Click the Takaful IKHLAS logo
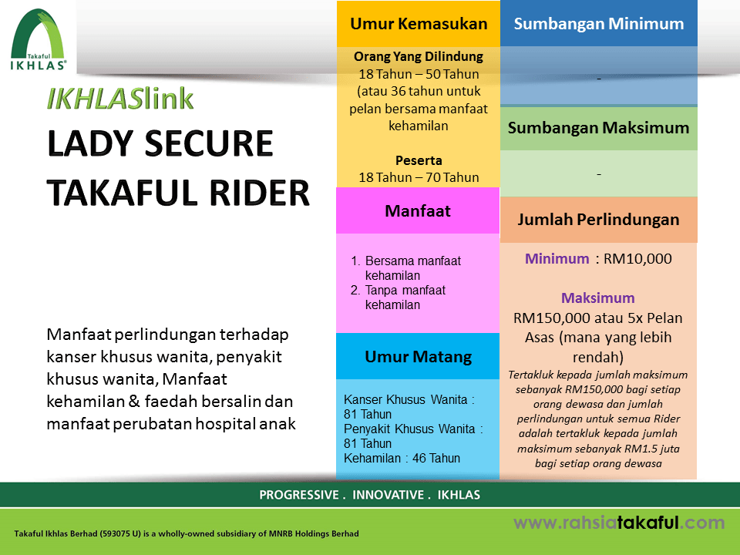coord(39,40)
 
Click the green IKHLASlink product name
coord(120,99)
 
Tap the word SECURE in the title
coord(209,143)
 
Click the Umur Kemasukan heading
coord(419,24)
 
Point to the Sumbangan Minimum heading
coord(599,24)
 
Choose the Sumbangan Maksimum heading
coord(598,128)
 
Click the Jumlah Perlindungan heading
coord(598,220)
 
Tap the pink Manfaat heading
coord(418,211)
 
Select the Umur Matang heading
coord(418,357)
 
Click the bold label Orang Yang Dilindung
coord(419,56)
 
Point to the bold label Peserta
coord(419,160)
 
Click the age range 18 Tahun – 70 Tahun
coord(419,177)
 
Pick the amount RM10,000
coord(637,259)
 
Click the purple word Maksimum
coord(598,298)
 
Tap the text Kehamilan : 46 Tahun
coord(402,458)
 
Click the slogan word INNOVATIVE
coord(388,495)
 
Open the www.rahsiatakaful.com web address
coord(619,523)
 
